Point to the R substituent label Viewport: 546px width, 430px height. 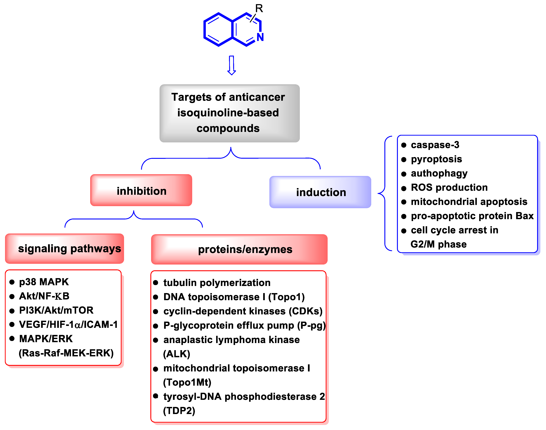[259, 9]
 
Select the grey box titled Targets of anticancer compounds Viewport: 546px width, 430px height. [229, 113]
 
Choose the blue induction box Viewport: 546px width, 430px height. [320, 192]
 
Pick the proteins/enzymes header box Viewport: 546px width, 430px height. [239, 249]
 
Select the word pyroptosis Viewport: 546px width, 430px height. [436, 159]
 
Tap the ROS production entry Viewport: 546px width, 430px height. [449, 187]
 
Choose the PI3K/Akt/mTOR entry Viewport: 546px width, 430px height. [56, 310]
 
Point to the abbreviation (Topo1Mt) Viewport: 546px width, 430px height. [187, 382]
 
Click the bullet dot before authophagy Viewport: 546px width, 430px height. [404, 174]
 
